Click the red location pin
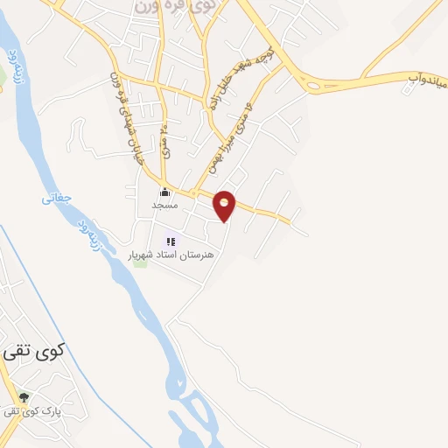[226, 205]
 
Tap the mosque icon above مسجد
[164, 192]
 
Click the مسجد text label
[164, 205]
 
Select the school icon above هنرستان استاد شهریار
[171, 241]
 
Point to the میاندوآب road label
[426, 82]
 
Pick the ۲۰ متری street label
[166, 138]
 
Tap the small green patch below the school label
[141, 262]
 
